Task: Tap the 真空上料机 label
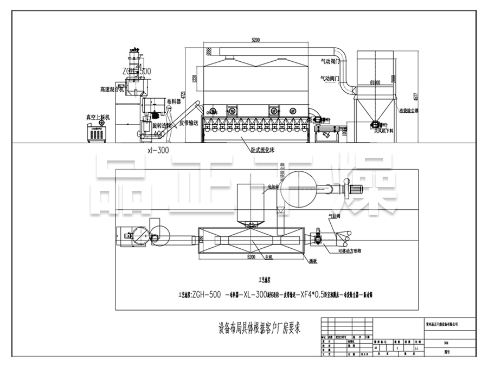click(x=98, y=117)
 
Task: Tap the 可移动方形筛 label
click(x=349, y=251)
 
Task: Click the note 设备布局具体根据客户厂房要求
click(x=259, y=328)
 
